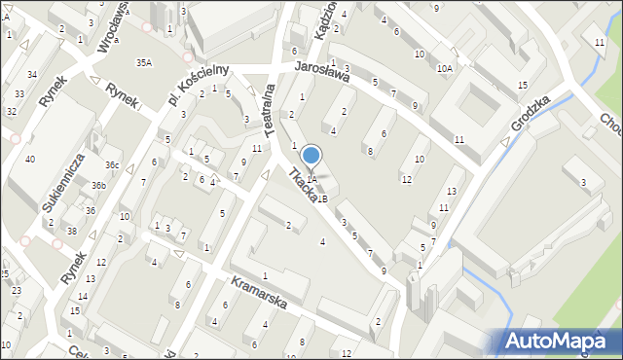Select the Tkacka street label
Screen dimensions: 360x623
tap(302, 185)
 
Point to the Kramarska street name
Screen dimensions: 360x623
tap(259, 291)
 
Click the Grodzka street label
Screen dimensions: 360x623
tap(535, 112)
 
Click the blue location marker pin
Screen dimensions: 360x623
tap(311, 156)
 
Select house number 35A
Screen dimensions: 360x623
tap(144, 62)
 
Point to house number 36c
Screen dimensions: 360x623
tap(113, 165)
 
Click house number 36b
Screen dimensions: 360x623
tap(98, 185)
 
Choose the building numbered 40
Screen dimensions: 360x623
tap(30, 160)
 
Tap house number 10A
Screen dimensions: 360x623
tap(445, 68)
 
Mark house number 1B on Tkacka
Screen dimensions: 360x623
tap(321, 198)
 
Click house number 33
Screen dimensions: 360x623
tap(20, 94)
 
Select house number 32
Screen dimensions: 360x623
tap(13, 112)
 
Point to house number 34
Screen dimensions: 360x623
tap(32, 75)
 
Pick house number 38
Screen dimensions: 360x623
tap(71, 231)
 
